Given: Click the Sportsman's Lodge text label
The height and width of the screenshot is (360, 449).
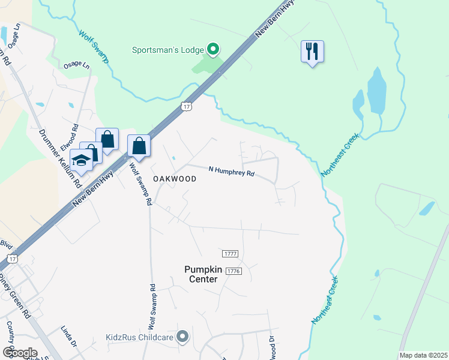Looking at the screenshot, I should pos(168,49).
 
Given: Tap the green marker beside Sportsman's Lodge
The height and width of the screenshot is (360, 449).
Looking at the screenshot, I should pos(212,49).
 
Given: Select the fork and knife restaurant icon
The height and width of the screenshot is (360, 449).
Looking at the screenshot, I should pos(312,52).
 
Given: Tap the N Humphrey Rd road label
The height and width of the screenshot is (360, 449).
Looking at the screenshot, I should pos(232,173).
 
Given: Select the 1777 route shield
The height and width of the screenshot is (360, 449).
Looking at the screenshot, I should pos(231,254).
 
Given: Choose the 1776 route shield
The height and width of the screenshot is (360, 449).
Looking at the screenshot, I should pos(234,271).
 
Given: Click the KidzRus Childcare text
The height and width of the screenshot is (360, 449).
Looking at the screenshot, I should pos(139,337).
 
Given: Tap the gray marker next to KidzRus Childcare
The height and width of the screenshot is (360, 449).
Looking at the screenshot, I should pos(183,337).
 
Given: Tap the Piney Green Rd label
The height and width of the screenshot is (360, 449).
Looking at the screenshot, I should pos(14,296).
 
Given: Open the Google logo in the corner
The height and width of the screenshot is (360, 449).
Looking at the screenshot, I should pos(20,352).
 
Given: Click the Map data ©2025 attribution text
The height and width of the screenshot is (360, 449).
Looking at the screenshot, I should pos(423,355).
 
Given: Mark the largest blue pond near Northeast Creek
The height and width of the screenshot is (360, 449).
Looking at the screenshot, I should pos(376,91).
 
